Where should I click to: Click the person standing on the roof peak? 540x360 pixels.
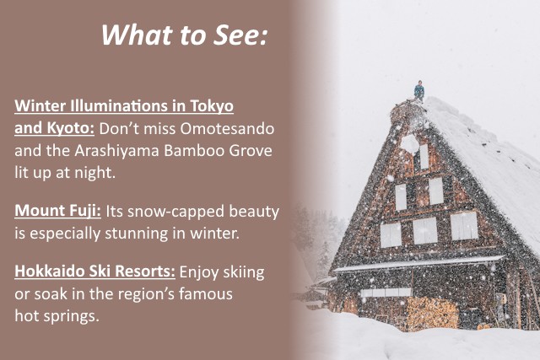tap(419, 91)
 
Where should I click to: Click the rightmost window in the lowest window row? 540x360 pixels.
tap(463, 226)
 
